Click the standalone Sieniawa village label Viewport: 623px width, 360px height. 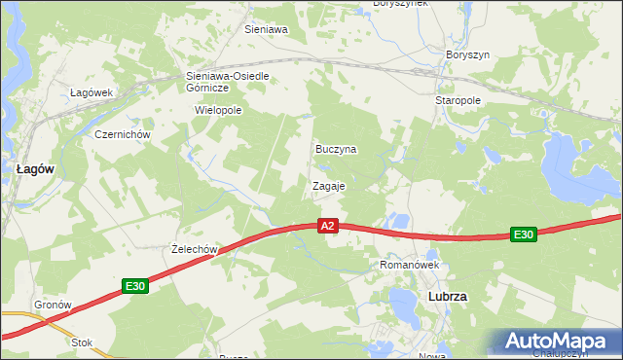(x=266, y=30)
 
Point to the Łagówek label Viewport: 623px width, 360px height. (x=92, y=92)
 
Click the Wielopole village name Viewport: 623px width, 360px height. (x=218, y=110)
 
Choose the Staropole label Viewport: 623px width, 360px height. (x=457, y=100)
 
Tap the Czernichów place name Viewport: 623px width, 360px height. (x=120, y=134)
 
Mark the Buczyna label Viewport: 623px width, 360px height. (x=336, y=150)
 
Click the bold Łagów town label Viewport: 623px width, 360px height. (x=35, y=168)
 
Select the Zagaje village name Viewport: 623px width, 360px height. (x=329, y=185)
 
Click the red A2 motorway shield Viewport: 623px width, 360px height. (x=329, y=226)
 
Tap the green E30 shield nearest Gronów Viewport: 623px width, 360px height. (x=135, y=286)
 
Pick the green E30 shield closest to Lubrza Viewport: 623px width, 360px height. (x=524, y=234)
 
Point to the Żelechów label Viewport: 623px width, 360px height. (x=192, y=249)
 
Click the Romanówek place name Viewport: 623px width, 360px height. (x=410, y=265)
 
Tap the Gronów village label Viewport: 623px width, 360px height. (x=54, y=305)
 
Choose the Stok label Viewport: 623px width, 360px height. (x=82, y=342)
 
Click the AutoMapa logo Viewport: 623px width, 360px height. (x=557, y=342)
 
